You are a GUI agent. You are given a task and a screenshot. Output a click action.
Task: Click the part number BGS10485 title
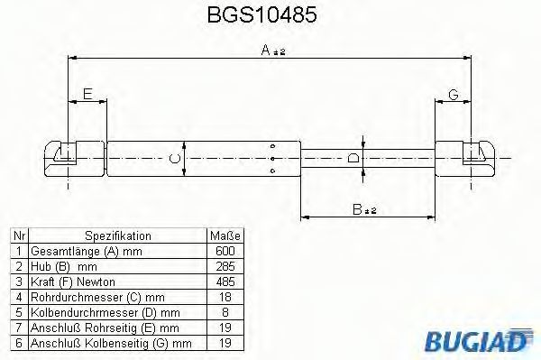click(x=261, y=14)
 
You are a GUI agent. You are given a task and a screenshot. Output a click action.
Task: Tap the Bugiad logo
click(x=478, y=340)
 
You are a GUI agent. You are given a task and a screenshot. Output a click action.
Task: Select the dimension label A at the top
click(x=266, y=50)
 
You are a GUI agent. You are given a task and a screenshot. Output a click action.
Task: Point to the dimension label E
click(x=87, y=94)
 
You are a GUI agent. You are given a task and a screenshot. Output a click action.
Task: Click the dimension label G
click(x=453, y=94)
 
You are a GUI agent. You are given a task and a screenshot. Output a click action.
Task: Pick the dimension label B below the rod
click(x=357, y=209)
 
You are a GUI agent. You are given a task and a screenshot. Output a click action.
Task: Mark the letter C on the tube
click(x=175, y=159)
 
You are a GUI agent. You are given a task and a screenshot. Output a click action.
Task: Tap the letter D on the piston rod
click(x=353, y=159)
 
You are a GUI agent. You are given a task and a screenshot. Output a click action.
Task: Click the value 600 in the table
click(x=225, y=251)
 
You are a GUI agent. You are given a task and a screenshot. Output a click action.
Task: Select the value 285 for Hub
click(x=225, y=266)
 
